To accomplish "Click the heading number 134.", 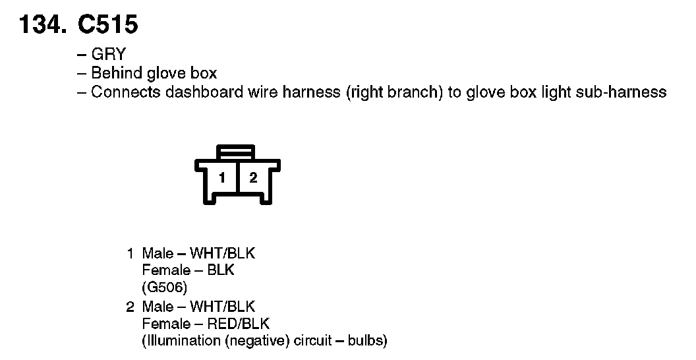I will click(42, 24).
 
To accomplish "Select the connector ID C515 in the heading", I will click(107, 24).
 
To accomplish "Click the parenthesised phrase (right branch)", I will click(393, 92).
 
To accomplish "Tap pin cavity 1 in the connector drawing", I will click(223, 177).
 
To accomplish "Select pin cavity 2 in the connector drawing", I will click(253, 177).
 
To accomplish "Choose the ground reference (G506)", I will click(165, 287).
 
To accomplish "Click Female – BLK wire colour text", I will click(188, 270).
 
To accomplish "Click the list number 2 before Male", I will click(130, 307).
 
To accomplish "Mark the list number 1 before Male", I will click(130, 253).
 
